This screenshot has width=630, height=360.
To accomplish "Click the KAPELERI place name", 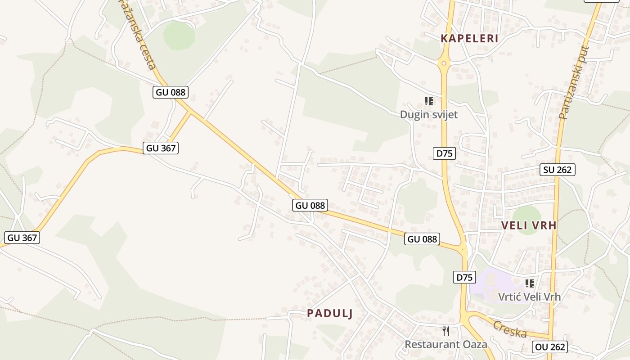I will (469, 39).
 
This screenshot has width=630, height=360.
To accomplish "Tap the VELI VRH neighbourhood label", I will (529, 225).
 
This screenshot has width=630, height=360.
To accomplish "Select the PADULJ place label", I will (329, 314).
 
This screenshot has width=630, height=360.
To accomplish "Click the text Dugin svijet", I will (428, 115).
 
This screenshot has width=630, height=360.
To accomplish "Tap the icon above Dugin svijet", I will (429, 101).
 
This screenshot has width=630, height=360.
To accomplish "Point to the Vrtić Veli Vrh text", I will (529, 297).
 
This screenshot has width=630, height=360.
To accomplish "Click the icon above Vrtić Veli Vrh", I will (530, 283).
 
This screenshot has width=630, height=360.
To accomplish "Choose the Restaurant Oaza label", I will (445, 345).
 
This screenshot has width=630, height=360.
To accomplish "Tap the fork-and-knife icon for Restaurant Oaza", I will (446, 331).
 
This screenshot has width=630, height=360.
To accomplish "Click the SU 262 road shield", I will (558, 170).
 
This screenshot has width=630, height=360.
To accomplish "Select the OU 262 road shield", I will (549, 347).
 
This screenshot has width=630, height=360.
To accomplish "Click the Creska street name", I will (510, 329).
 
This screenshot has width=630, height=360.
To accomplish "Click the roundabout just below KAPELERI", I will (444, 63).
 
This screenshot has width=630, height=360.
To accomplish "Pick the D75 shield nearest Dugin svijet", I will (444, 153).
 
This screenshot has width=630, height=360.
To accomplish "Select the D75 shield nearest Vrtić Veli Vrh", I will (464, 277).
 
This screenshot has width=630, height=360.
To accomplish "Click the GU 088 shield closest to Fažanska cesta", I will (170, 92).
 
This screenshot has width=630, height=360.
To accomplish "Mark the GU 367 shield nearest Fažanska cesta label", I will (161, 148).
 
